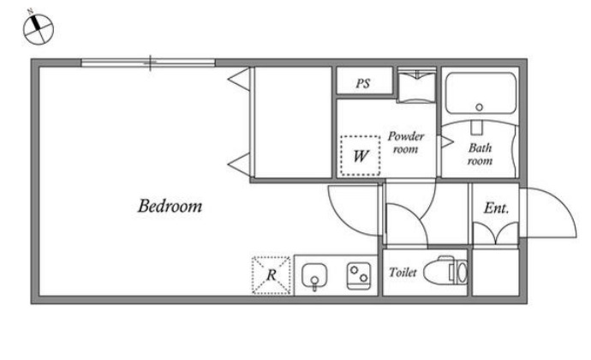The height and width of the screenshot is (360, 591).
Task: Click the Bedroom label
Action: point(170,206)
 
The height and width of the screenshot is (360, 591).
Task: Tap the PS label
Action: point(363,83)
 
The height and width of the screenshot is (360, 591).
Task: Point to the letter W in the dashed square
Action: point(361,155)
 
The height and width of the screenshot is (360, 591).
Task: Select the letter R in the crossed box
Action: point(272,275)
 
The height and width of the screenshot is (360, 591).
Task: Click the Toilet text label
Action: point(403,272)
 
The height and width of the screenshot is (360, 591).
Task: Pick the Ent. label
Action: point(496,207)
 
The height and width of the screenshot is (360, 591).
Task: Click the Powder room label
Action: point(406,142)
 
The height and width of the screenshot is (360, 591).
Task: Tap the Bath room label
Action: point(480,154)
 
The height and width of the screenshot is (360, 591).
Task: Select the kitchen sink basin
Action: point(314,276)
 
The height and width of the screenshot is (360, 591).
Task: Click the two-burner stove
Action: point(359,275)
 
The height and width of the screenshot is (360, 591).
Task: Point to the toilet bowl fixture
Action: point(445,271)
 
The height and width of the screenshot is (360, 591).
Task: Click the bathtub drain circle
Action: point(479,107)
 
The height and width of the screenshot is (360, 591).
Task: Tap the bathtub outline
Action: point(481,73)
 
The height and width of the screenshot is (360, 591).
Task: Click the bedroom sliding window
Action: point(148,63)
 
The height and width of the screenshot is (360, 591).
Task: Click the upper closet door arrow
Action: point(239,79)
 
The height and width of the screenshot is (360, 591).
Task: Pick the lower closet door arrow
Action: point(239,165)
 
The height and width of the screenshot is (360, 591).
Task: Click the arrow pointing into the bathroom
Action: point(447,142)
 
